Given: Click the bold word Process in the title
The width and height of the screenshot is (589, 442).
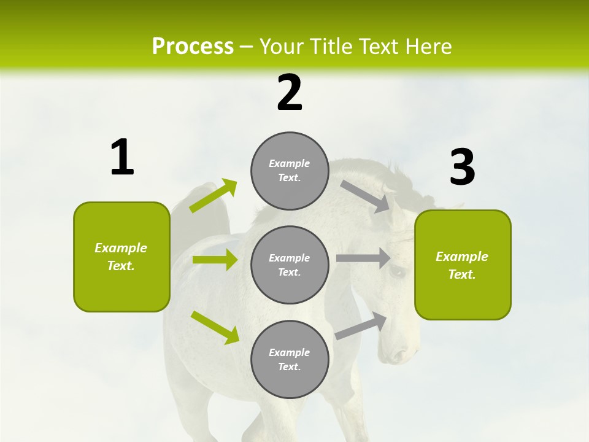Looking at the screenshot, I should coord(193,47).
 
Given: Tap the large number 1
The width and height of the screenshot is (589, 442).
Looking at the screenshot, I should coord(122,158).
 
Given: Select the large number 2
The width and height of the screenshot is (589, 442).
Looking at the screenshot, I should coord(290,93).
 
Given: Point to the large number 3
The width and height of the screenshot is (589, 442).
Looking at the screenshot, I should coord(463,168).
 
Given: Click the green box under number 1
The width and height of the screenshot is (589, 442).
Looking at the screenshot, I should coord(121,257).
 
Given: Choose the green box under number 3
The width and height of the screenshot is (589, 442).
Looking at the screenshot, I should coord(463,265).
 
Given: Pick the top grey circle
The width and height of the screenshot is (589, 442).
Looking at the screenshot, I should coord(290,171).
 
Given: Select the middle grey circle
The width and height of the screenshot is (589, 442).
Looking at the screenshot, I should coord(290,265).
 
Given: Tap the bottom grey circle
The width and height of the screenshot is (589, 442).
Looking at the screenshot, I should coord(290,359).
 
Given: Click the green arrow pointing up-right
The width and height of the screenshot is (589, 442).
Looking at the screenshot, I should coord(214,196).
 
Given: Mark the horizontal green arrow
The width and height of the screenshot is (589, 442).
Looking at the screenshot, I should coord(215,260).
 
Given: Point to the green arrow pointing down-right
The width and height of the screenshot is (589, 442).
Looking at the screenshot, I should coord(215,327).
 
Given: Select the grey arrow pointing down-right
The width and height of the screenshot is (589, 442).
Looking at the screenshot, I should coord(366,196).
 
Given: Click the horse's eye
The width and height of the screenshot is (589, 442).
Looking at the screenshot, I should coord(397,271).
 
